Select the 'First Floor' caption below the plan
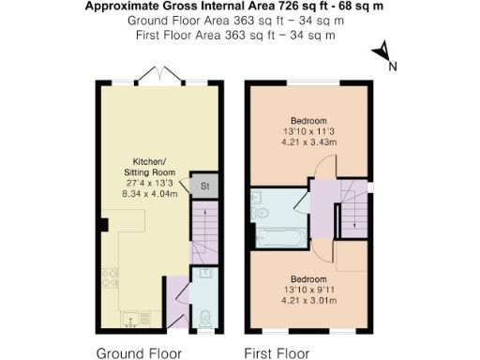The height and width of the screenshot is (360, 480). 277,353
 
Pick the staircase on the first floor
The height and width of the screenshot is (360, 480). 353,217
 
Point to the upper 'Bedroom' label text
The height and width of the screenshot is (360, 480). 307,122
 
